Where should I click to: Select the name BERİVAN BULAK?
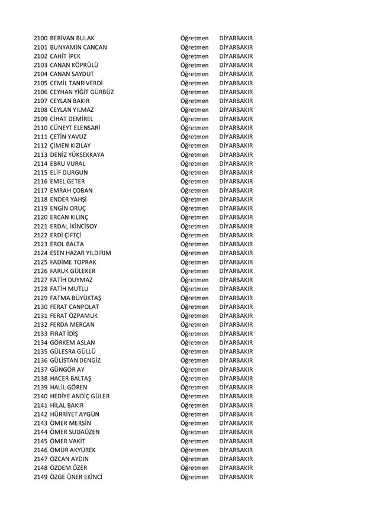[72, 38]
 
